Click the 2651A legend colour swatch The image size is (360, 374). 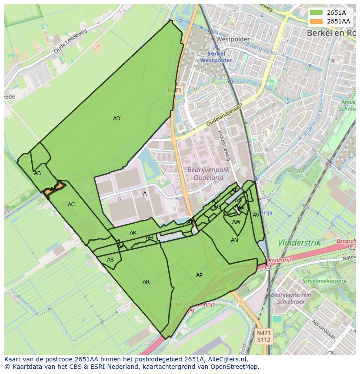click(317, 13)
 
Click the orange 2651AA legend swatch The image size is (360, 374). click(317, 21)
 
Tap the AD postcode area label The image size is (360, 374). click(117, 119)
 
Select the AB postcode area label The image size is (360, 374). click(37, 173)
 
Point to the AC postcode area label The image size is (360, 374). click(71, 205)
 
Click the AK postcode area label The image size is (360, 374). click(133, 233)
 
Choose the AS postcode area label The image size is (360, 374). click(110, 260)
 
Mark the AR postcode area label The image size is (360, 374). click(146, 282)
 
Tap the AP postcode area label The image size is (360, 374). click(199, 275)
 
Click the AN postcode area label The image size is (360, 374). click(234, 240)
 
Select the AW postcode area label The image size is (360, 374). click(236, 222)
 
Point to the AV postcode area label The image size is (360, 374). click(256, 215)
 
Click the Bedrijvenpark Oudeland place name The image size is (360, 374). click(205, 174)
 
